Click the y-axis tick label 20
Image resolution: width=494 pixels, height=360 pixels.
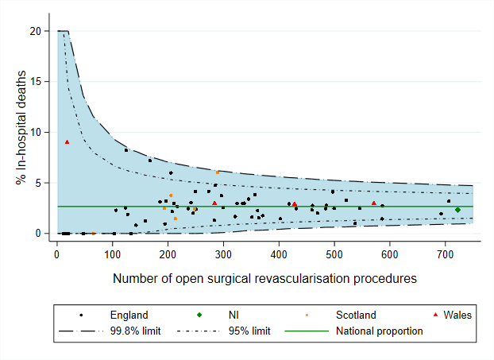(36, 31)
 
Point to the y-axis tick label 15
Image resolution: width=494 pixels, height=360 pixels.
(36, 81)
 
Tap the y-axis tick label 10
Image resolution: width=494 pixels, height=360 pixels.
(36, 132)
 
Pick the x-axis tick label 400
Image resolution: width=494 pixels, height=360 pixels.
(279, 254)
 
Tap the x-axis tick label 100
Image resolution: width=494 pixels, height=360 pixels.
(112, 254)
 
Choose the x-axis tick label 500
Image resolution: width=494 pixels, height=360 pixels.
(334, 254)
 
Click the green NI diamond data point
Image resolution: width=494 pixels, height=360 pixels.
(457, 210)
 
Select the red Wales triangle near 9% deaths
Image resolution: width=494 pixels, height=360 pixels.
(67, 142)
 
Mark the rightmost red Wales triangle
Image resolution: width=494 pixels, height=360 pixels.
(373, 203)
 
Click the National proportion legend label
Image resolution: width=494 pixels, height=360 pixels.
(379, 331)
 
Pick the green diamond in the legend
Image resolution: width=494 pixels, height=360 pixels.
(200, 315)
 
